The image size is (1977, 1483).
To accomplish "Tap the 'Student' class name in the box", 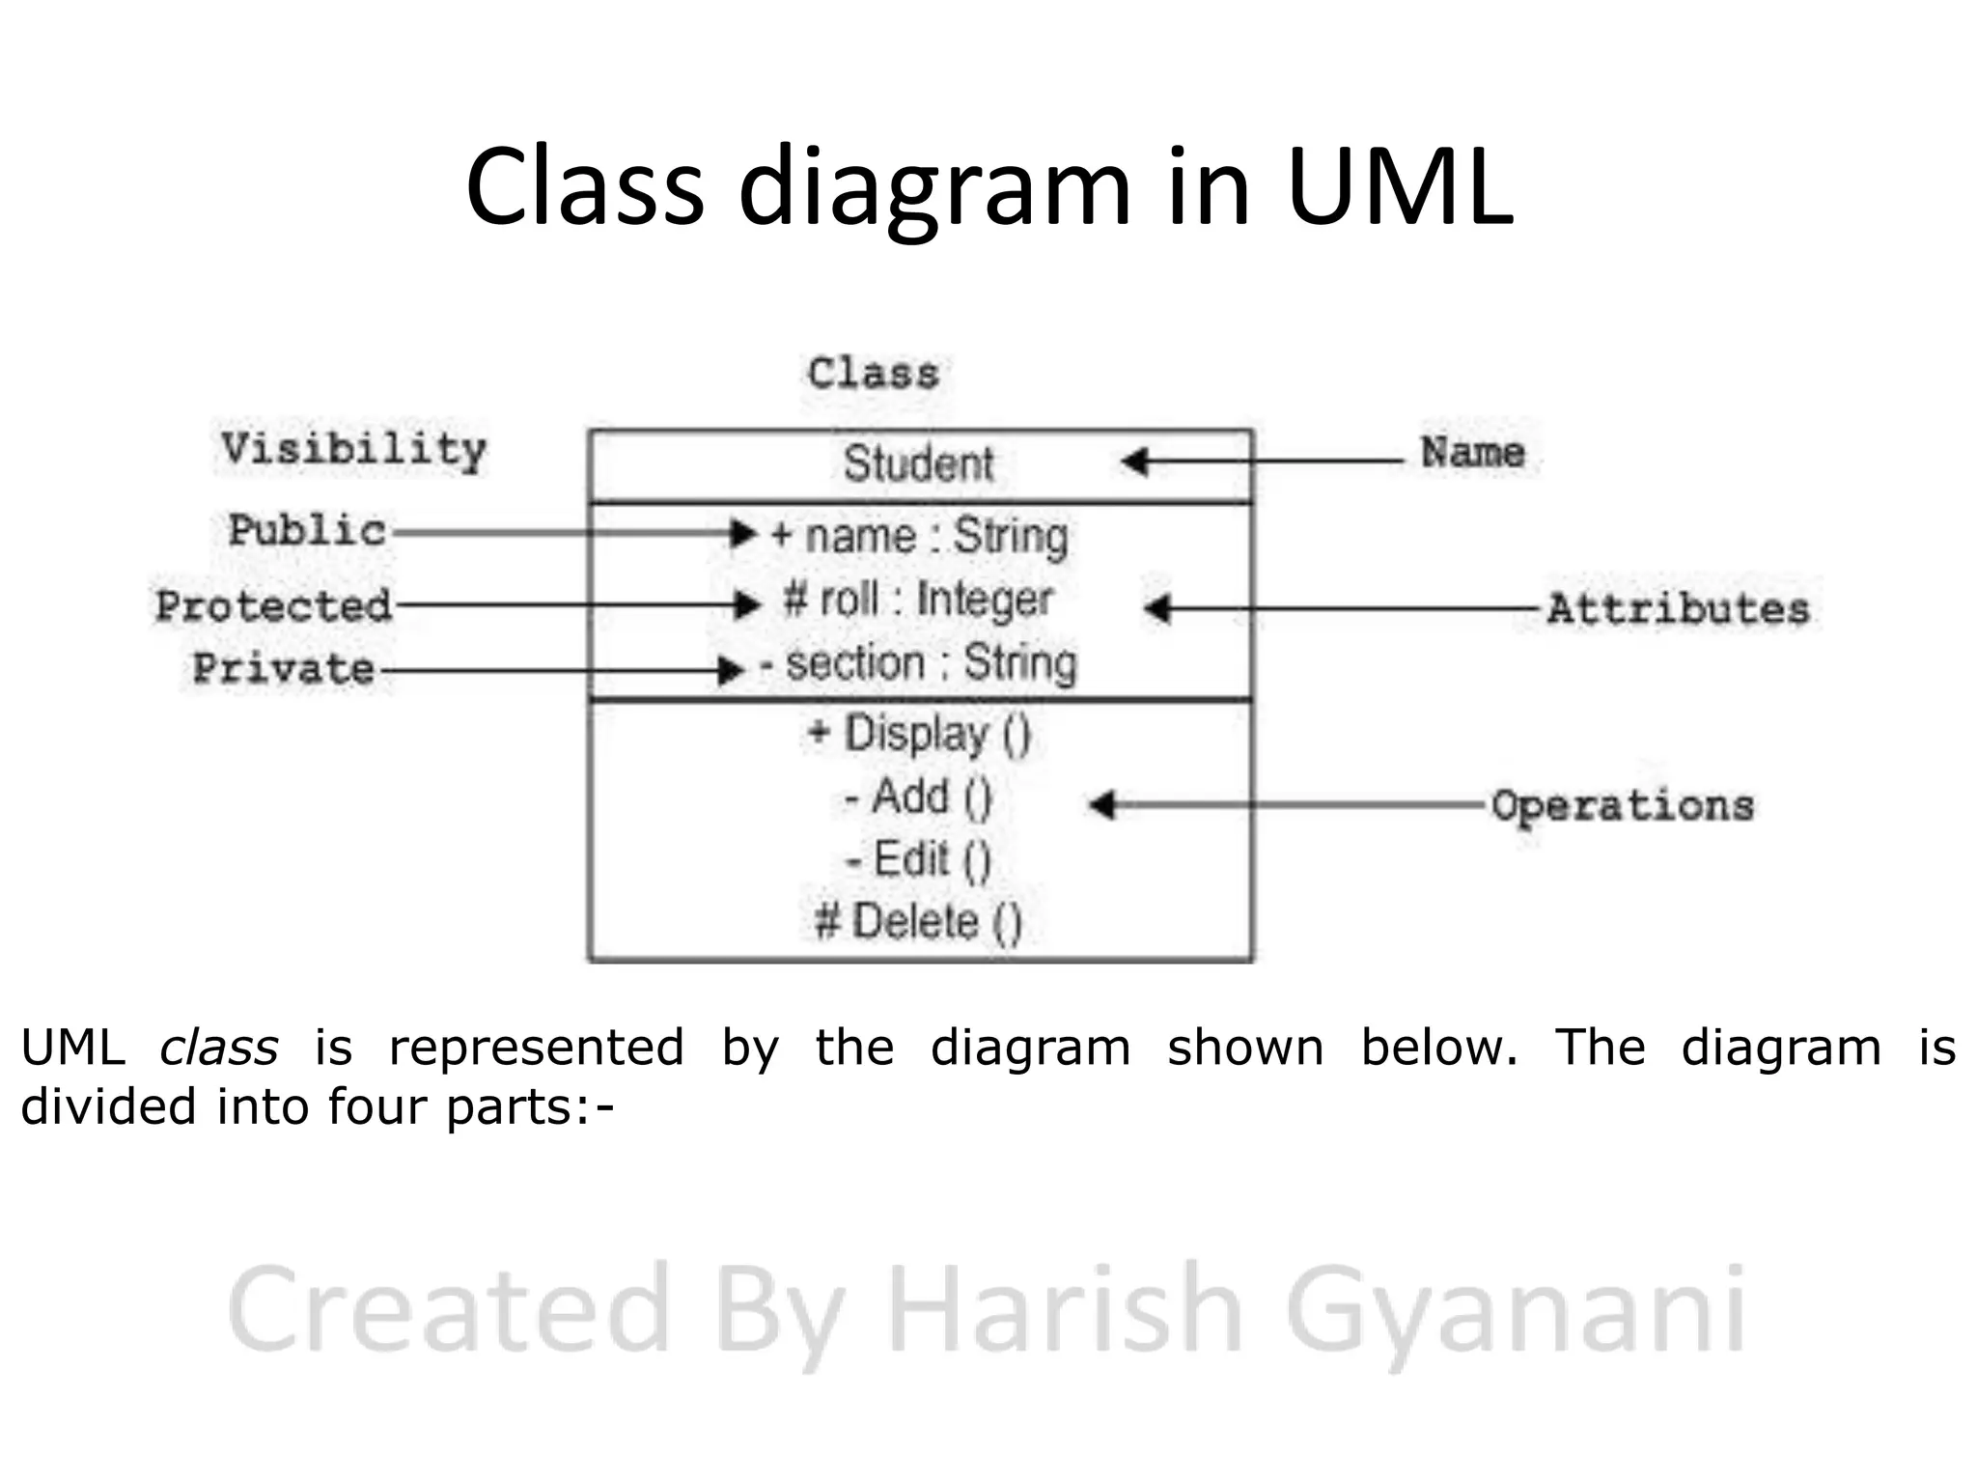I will tap(918, 463).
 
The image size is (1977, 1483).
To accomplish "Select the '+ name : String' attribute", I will tap(920, 536).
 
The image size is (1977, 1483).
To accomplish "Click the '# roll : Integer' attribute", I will tap(918, 600).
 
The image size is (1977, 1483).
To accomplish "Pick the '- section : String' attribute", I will tap(918, 663).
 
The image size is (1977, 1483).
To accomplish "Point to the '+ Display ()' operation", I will tap(920, 734).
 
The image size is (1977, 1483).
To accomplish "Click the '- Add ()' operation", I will tap(918, 797).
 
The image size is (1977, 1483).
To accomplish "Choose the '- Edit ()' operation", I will tap(918, 859).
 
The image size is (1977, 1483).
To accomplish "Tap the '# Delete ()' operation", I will tap(918, 921).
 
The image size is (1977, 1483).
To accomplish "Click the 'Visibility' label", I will tap(353, 450).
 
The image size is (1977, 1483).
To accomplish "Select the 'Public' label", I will tap(307, 530).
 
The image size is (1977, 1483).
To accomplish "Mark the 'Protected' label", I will tap(274, 606).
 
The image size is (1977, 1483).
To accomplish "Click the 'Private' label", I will tap(284, 668).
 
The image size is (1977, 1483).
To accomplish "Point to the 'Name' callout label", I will tap(1472, 453).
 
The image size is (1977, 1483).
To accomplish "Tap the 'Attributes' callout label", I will tap(1678, 609).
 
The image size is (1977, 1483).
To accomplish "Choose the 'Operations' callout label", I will tap(1622, 806).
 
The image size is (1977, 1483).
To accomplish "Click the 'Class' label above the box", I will tap(873, 374).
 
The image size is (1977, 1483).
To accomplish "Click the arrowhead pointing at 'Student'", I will tap(1135, 462).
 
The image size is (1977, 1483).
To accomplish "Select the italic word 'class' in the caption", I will tap(219, 1049).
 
